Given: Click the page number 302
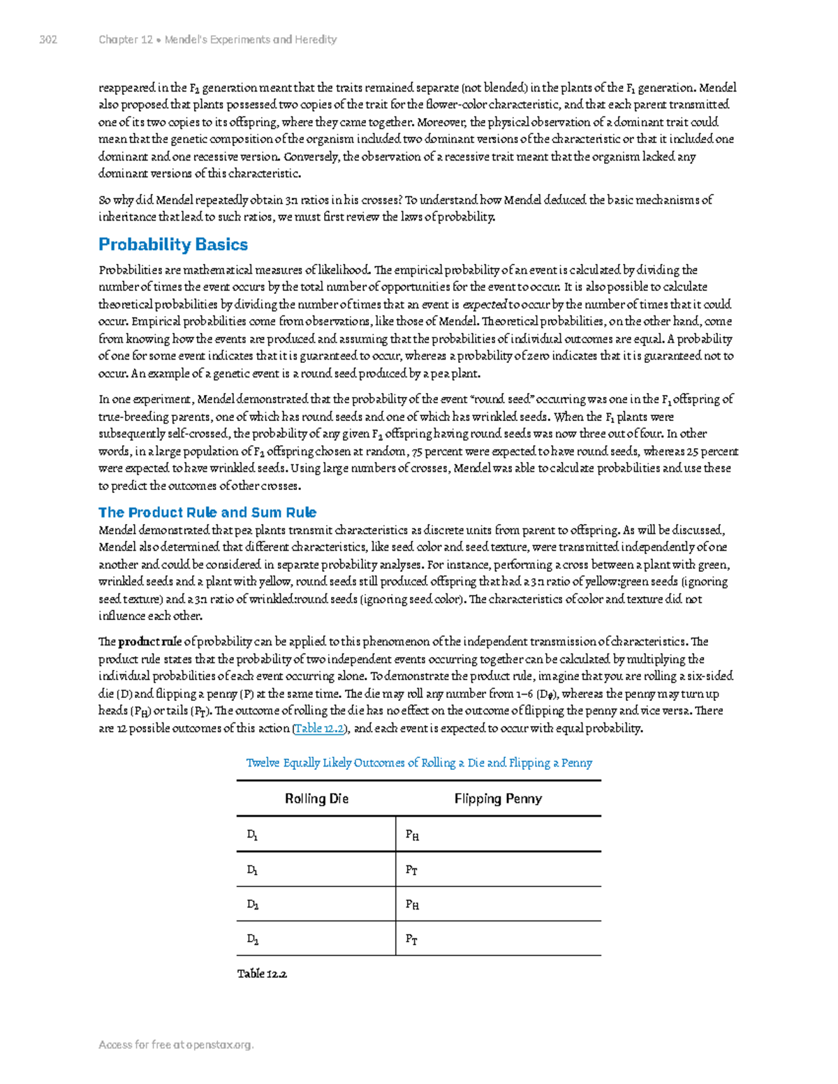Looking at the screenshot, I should point(48,40).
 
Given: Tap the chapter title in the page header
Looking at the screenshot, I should point(218,40).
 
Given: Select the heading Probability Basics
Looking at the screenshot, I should point(173,244).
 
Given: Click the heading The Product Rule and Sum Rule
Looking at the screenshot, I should point(207,512).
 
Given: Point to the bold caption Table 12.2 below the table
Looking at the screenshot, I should point(263,974).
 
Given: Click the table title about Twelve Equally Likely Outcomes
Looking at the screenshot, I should point(419,763).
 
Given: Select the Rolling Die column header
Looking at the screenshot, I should point(316,799).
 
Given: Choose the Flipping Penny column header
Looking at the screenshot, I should point(498,799).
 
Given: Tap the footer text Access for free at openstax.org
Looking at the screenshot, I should point(176,1045).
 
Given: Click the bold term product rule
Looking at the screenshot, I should point(150,641).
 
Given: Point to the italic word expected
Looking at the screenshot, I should point(485,304).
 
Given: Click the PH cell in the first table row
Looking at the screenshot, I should point(412,835).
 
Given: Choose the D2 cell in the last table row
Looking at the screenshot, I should point(253,939).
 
